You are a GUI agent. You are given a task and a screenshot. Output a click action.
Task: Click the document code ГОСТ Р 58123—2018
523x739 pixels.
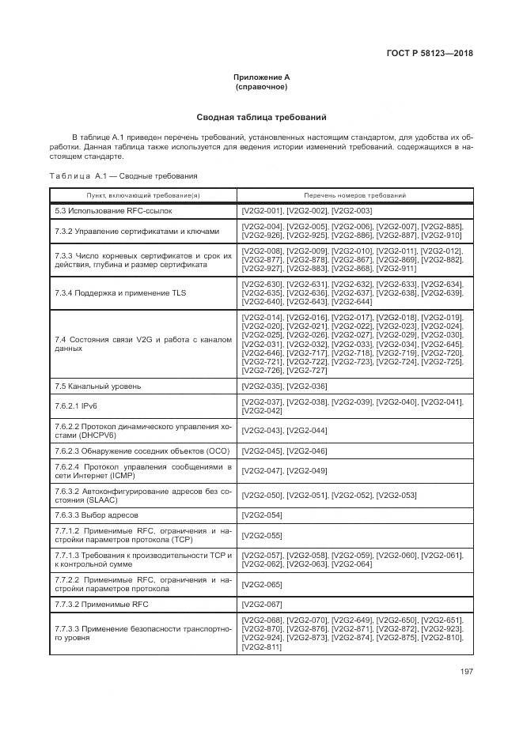(x=435, y=54)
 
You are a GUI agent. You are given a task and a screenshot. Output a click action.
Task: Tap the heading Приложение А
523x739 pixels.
(x=261, y=77)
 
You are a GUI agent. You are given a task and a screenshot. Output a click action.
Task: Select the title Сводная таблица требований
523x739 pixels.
(x=261, y=117)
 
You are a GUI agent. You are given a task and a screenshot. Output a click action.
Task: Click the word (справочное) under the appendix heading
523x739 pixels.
(x=261, y=86)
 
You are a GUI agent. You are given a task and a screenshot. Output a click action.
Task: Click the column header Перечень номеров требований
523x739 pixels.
(x=354, y=194)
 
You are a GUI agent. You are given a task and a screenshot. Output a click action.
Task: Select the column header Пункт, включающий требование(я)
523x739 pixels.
(x=143, y=194)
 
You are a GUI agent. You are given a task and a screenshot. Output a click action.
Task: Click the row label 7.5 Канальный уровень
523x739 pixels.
(x=98, y=386)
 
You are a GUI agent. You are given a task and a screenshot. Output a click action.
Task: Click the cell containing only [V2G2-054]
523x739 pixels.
(x=261, y=515)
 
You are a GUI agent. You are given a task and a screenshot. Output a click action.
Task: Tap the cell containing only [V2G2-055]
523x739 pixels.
(x=261, y=536)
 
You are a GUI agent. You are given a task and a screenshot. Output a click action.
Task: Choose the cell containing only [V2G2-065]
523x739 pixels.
(x=261, y=584)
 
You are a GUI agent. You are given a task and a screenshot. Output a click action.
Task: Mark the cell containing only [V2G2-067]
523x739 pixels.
(x=261, y=605)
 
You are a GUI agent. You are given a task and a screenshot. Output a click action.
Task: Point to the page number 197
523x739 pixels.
(x=466, y=673)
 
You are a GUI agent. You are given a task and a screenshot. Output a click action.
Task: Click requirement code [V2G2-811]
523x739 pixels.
(x=261, y=647)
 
